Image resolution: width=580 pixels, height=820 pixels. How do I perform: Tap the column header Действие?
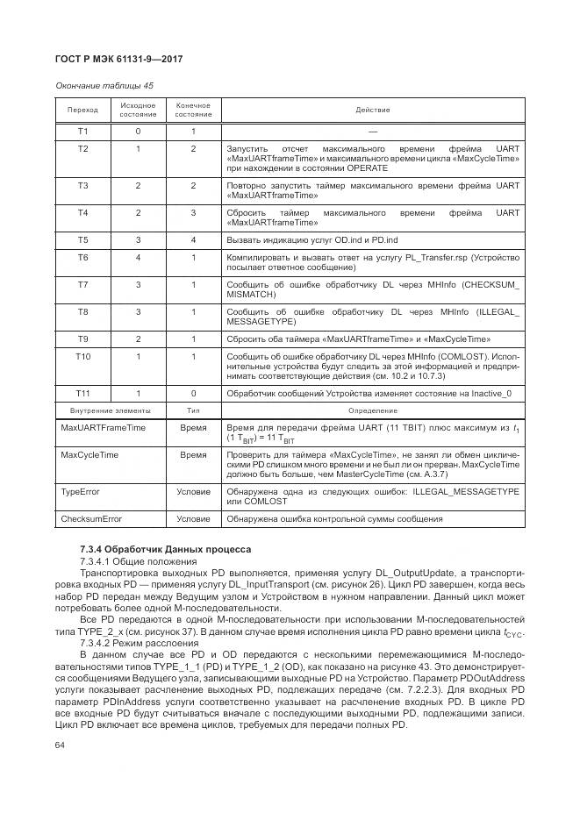pos(372,110)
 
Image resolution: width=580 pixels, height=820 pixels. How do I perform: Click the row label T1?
pos(82,132)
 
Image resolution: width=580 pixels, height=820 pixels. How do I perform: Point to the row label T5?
pos(82,239)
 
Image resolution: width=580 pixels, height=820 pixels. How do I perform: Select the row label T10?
pos(82,356)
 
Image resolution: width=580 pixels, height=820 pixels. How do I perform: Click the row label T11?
pos(82,393)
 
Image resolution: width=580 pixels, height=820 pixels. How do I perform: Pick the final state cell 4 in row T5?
pos(193,239)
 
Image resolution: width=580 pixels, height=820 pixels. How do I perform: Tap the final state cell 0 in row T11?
pos(193,393)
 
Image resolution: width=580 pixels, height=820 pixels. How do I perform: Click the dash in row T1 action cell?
pos(372,132)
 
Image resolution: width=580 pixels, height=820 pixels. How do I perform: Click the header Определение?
pos(372,410)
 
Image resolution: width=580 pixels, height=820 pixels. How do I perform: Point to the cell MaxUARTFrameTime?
pos(103,427)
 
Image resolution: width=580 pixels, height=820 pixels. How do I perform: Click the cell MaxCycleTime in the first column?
pos(89,455)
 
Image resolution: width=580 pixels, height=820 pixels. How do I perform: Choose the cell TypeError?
pos(80,492)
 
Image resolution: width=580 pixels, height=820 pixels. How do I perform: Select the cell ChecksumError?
pos(90,519)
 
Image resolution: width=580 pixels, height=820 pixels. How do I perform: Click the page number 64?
pos(61,745)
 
